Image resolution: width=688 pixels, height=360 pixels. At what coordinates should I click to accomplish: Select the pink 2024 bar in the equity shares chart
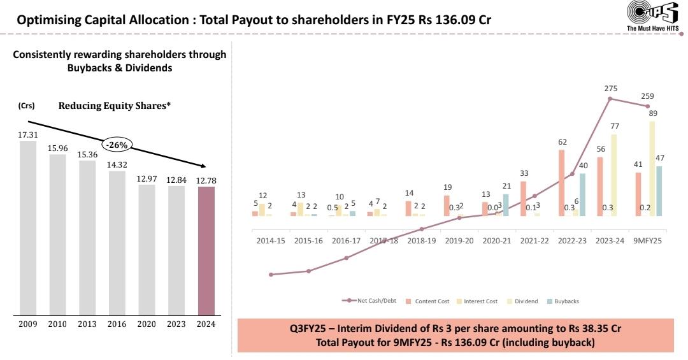[x=206, y=251]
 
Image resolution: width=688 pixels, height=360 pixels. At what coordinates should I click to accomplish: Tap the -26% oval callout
[x=117, y=145]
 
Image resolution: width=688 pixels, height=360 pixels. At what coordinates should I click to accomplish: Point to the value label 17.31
[x=28, y=135]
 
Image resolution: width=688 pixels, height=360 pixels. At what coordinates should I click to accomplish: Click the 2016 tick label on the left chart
[x=117, y=324]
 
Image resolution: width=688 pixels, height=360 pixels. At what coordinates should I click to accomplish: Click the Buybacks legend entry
[x=563, y=301]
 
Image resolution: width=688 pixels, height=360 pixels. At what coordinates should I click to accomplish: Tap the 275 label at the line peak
[x=610, y=89]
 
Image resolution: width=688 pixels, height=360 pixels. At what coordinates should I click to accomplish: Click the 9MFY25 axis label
[x=647, y=241]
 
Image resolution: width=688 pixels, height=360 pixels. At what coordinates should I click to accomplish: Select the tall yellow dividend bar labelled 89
[x=652, y=168]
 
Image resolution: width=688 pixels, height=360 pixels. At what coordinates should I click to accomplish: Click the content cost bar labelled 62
[x=562, y=183]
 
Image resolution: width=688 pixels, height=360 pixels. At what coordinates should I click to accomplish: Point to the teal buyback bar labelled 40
[x=582, y=194]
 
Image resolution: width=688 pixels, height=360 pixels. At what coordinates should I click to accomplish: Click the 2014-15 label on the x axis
[x=271, y=241]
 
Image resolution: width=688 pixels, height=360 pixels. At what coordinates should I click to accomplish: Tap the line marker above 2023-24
[x=610, y=99]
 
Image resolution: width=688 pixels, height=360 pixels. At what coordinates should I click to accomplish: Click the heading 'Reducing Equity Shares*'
[x=115, y=106]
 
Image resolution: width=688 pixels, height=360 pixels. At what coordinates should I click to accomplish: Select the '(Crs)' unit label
[x=26, y=106]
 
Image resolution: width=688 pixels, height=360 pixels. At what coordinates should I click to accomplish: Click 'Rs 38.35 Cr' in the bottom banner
[x=590, y=328]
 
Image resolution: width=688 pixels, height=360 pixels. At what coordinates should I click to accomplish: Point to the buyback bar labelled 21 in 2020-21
[x=506, y=205]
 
